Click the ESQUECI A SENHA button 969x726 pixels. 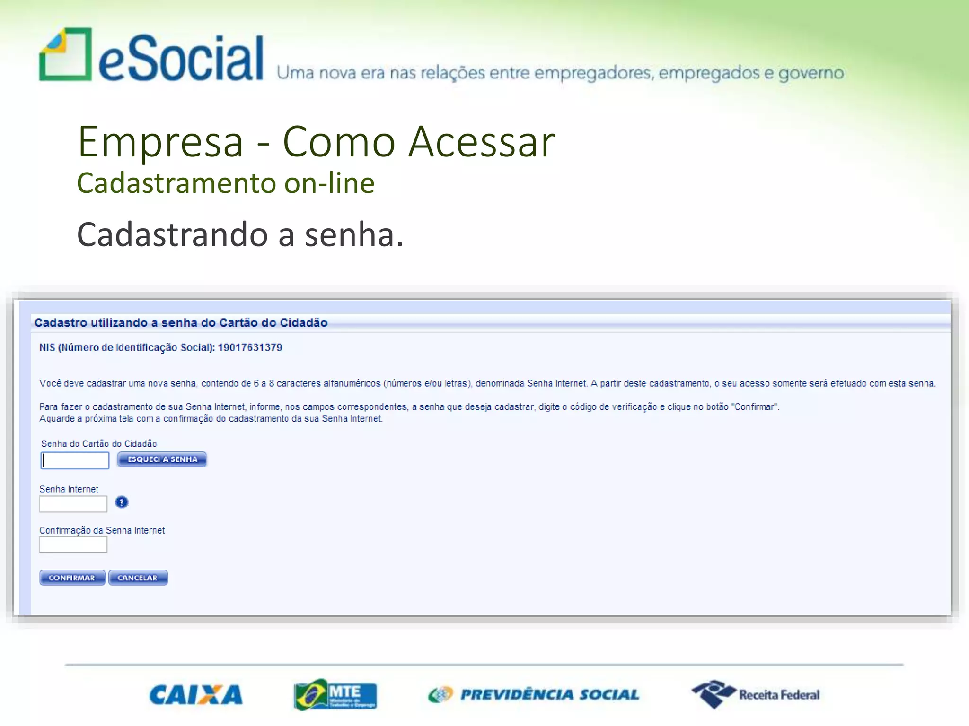[162, 459]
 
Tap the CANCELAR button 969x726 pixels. [138, 578]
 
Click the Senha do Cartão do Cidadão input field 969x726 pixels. [75, 460]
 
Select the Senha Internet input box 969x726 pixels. [73, 504]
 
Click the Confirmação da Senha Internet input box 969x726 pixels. [73, 544]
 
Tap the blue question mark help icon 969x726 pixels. [122, 502]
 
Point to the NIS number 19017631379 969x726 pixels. [250, 348]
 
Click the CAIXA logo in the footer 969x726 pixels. [196, 695]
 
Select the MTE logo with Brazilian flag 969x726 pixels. [335, 695]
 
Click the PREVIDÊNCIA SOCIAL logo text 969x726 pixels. [549, 695]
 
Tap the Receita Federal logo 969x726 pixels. [756, 694]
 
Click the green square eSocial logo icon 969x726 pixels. [66, 55]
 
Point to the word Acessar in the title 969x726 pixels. [482, 142]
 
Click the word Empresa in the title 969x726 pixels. [161, 142]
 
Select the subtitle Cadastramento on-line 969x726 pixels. [226, 183]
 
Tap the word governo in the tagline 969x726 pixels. [811, 73]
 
